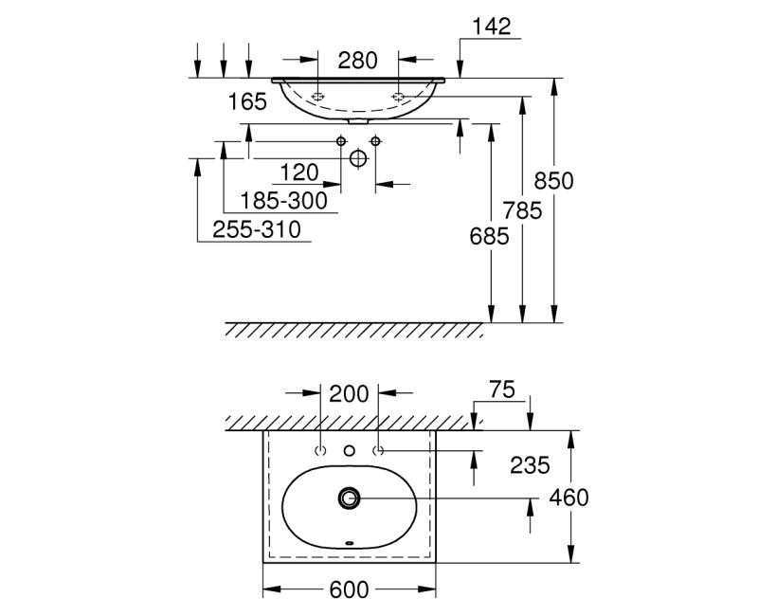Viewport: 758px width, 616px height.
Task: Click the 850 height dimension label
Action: tap(554, 180)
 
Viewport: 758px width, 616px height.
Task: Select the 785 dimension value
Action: tap(522, 210)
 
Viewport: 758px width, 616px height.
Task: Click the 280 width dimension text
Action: tap(358, 61)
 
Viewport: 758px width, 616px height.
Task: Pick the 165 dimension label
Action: tap(248, 101)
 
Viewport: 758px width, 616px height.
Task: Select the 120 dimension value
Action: tap(299, 172)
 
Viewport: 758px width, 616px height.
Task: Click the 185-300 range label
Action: tap(284, 200)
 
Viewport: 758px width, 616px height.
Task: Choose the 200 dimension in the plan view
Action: tap(350, 392)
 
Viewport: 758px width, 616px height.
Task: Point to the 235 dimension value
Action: tap(530, 465)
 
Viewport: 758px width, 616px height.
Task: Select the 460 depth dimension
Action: tap(569, 498)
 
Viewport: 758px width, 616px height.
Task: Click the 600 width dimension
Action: tap(349, 589)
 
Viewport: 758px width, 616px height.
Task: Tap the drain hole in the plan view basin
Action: tap(350, 496)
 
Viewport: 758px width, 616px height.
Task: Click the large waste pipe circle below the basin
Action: tap(358, 158)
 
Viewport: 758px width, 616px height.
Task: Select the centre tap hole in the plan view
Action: tap(350, 450)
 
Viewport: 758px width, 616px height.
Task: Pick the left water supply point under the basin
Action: tap(341, 141)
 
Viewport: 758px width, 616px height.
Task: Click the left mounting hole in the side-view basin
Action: tap(318, 97)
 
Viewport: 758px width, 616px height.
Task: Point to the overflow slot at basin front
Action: tap(350, 544)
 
